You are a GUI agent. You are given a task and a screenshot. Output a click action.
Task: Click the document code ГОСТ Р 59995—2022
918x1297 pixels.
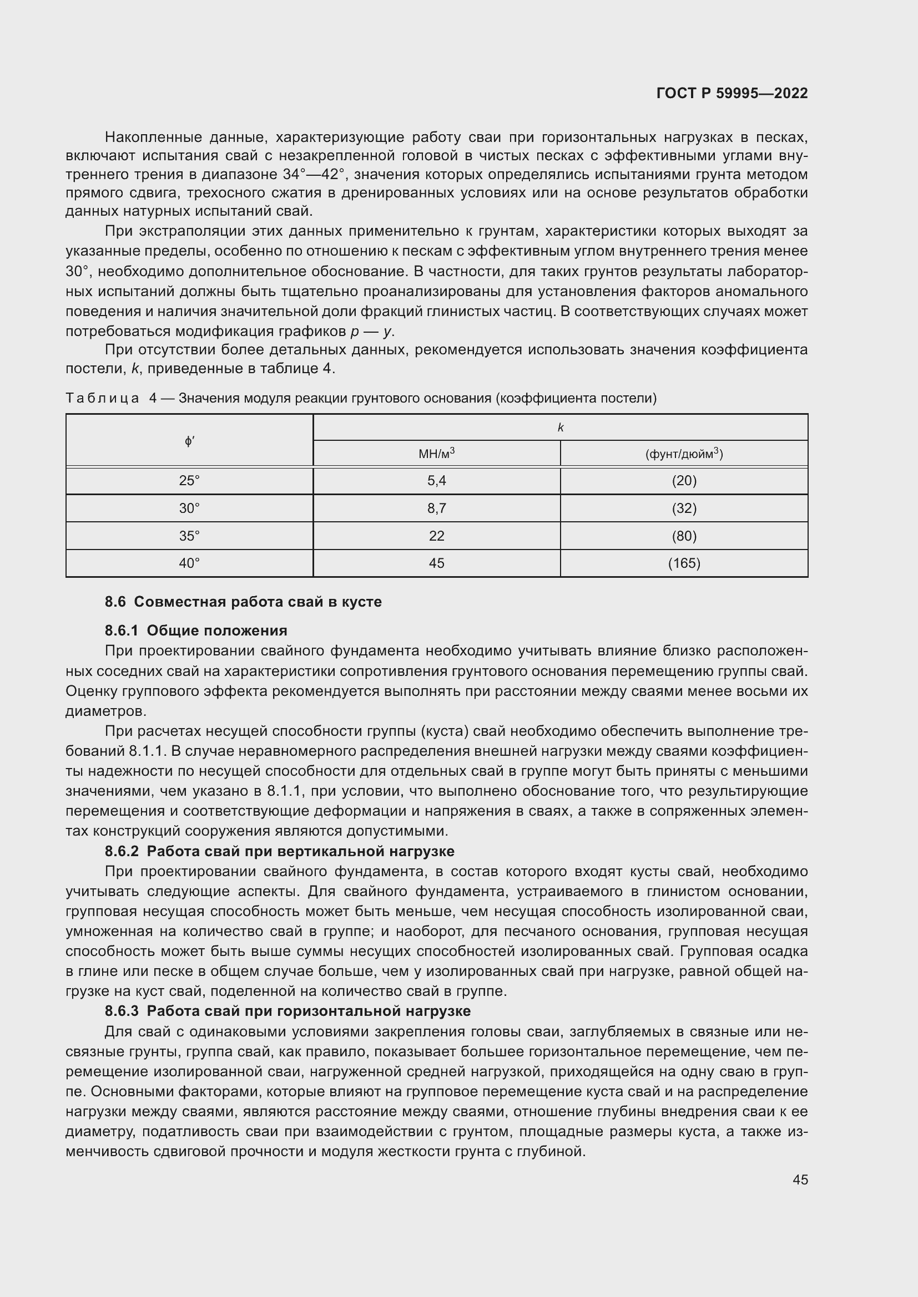coord(732,93)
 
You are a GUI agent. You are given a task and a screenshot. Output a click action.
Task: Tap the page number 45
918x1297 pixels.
coord(800,1179)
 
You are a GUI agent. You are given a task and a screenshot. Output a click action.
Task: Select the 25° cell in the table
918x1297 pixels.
coord(189,481)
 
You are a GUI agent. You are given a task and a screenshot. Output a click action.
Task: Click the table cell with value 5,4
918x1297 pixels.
coord(436,481)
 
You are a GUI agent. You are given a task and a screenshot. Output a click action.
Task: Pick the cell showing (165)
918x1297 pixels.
coord(683,563)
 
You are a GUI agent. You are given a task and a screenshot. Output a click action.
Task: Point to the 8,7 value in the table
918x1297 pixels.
coord(436,508)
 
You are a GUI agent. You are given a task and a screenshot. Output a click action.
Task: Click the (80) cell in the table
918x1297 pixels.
coord(683,536)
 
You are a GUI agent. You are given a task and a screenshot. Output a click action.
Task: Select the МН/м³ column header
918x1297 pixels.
coord(436,453)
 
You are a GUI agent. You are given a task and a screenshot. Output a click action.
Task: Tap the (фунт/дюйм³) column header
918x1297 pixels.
coord(683,454)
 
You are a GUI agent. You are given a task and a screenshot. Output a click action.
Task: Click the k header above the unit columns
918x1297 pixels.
coord(560,428)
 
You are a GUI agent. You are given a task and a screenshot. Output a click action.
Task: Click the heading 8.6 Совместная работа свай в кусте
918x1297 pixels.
coord(243,602)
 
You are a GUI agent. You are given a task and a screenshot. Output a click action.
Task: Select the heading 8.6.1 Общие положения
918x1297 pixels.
coord(196,630)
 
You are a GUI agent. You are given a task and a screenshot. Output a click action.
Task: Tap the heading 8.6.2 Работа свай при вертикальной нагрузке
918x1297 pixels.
coord(280,851)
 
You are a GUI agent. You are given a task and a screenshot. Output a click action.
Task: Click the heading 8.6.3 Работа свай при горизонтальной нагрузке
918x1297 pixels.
coord(287,1011)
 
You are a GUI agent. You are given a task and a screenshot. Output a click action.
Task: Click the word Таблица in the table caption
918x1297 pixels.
coord(102,398)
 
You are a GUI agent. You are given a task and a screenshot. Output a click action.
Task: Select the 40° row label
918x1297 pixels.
coord(189,563)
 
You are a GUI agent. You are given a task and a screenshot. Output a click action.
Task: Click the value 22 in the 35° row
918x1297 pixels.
coord(436,536)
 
